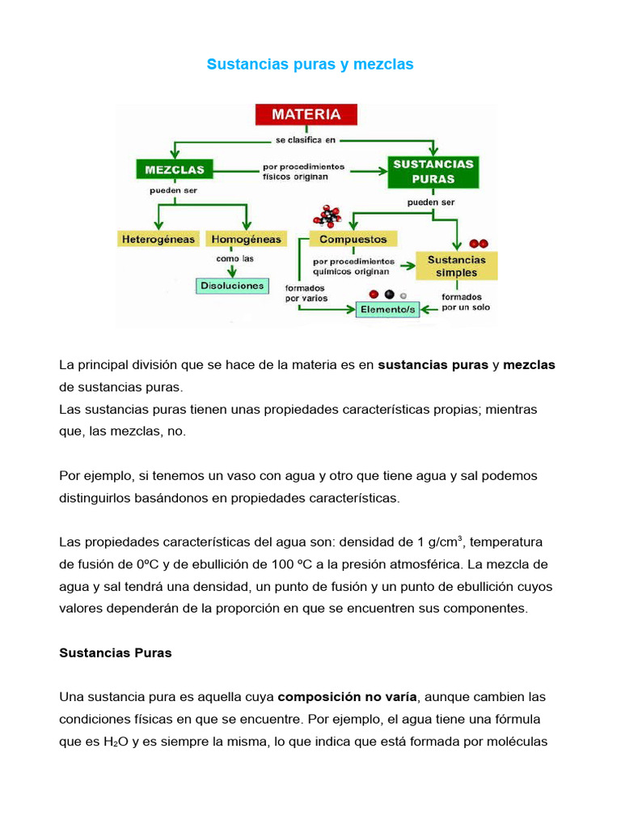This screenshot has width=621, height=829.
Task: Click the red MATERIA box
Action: (x=305, y=114)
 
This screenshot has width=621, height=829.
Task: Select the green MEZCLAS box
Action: (x=175, y=170)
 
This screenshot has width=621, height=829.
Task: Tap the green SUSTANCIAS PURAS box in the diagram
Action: (x=433, y=171)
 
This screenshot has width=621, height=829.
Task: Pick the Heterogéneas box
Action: (x=158, y=239)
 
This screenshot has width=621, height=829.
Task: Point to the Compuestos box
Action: (x=353, y=239)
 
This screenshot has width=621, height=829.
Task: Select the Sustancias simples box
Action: (x=456, y=266)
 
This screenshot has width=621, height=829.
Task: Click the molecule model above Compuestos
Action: (x=328, y=216)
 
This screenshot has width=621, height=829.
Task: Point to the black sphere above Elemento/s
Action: (x=389, y=295)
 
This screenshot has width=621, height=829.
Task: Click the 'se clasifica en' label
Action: (x=305, y=139)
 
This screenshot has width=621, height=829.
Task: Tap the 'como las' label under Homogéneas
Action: (x=234, y=259)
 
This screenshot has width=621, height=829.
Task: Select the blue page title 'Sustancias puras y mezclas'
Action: (x=310, y=64)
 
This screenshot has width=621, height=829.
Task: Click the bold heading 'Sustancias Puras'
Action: (x=116, y=653)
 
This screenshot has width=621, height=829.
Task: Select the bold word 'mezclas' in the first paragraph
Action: (x=529, y=365)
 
